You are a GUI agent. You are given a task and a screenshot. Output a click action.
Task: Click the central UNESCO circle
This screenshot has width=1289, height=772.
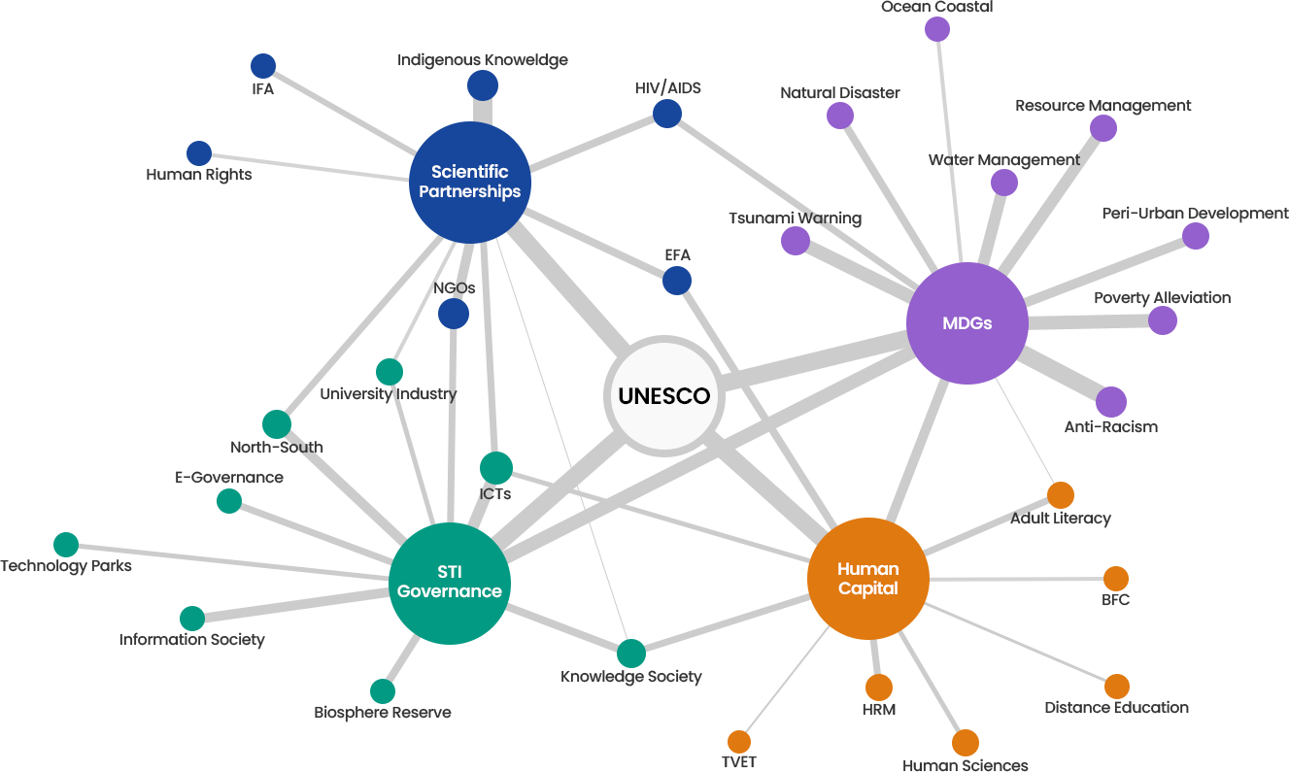click(664, 396)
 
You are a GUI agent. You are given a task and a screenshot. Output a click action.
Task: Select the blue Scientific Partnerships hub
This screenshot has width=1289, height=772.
click(469, 182)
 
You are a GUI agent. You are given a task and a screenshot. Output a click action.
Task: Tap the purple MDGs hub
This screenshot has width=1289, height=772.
click(967, 322)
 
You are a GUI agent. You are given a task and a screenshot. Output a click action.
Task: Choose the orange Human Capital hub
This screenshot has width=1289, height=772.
click(867, 579)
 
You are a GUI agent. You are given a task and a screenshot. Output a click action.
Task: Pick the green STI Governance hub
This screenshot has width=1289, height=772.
click(449, 583)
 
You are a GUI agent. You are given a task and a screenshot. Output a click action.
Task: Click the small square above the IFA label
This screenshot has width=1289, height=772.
click(262, 65)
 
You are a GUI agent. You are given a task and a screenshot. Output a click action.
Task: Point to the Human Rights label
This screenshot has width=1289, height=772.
click(199, 175)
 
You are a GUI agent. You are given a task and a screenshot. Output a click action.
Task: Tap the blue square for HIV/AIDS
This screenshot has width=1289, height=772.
click(666, 113)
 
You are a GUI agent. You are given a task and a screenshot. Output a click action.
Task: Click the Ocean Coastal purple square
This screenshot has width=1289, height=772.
click(936, 28)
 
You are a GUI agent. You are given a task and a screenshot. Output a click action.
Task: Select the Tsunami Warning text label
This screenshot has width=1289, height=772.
click(795, 218)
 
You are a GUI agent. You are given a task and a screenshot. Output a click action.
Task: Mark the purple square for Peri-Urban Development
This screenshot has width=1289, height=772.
click(1195, 236)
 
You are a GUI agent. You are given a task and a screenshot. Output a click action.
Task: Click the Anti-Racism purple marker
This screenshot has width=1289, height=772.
click(1111, 401)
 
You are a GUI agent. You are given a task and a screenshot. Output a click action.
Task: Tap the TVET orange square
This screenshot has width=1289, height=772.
click(738, 741)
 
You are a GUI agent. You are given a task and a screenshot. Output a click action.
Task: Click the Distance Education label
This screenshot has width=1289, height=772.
click(1116, 708)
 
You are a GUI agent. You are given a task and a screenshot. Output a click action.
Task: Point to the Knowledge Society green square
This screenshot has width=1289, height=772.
click(630, 653)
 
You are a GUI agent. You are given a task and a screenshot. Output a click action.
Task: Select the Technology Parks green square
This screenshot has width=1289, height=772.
click(65, 545)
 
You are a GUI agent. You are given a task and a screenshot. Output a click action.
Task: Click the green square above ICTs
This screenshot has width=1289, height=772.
click(495, 467)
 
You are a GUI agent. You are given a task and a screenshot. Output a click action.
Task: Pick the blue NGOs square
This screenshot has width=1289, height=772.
click(453, 313)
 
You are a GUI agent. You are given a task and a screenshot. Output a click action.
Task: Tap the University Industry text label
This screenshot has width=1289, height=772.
click(388, 394)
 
